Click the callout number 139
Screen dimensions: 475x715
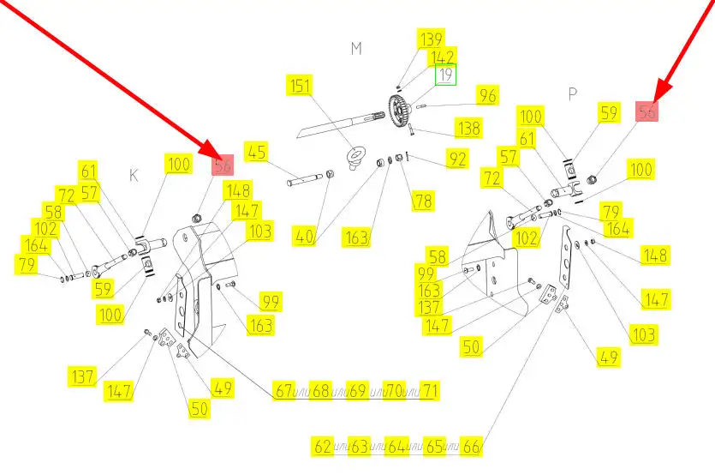431,39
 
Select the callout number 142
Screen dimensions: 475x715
443,57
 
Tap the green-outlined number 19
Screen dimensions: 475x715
444,75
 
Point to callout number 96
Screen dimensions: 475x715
486,95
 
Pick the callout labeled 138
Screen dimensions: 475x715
468,128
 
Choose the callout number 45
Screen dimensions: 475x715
257,152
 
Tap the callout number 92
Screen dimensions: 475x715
457,159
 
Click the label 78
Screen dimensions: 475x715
423,201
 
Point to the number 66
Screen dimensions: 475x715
472,447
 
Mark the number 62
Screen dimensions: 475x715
323,447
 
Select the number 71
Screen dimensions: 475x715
430,391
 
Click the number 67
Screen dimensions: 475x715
283,391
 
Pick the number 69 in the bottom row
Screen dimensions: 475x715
357,391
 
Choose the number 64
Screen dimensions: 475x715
397,447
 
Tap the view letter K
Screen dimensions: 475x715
134,176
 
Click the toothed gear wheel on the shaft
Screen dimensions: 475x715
397,111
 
